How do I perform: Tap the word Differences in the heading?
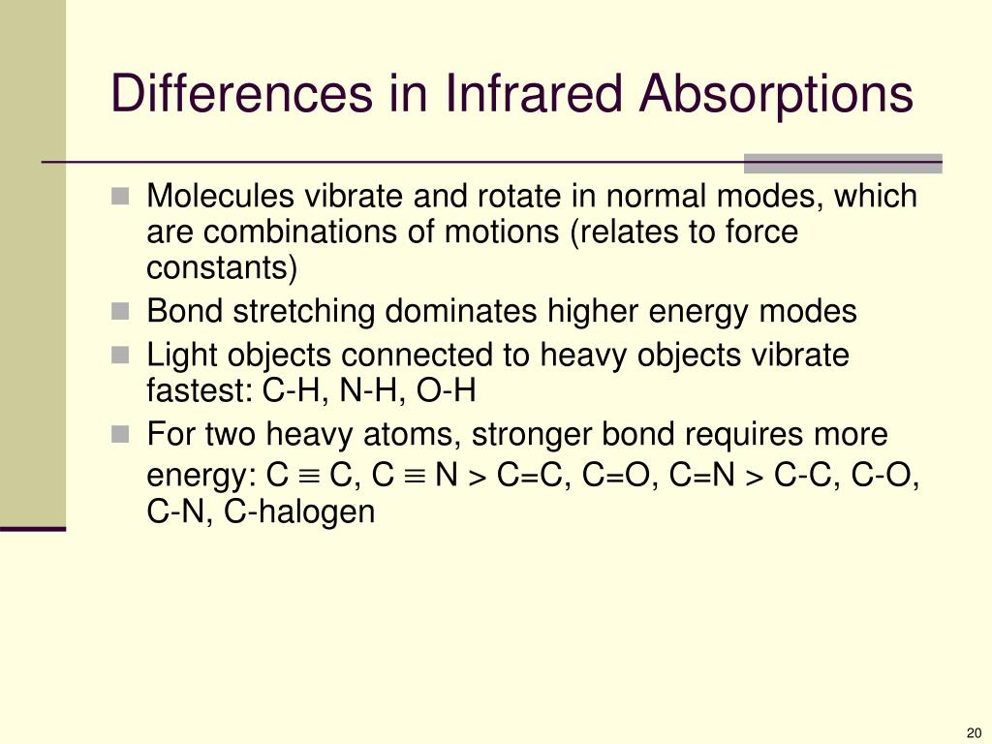[241, 95]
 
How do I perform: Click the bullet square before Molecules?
[120, 197]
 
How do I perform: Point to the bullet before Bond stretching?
[120, 312]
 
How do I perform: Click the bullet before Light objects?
[120, 356]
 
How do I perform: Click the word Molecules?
[223, 197]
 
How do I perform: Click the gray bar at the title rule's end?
[842, 163]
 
